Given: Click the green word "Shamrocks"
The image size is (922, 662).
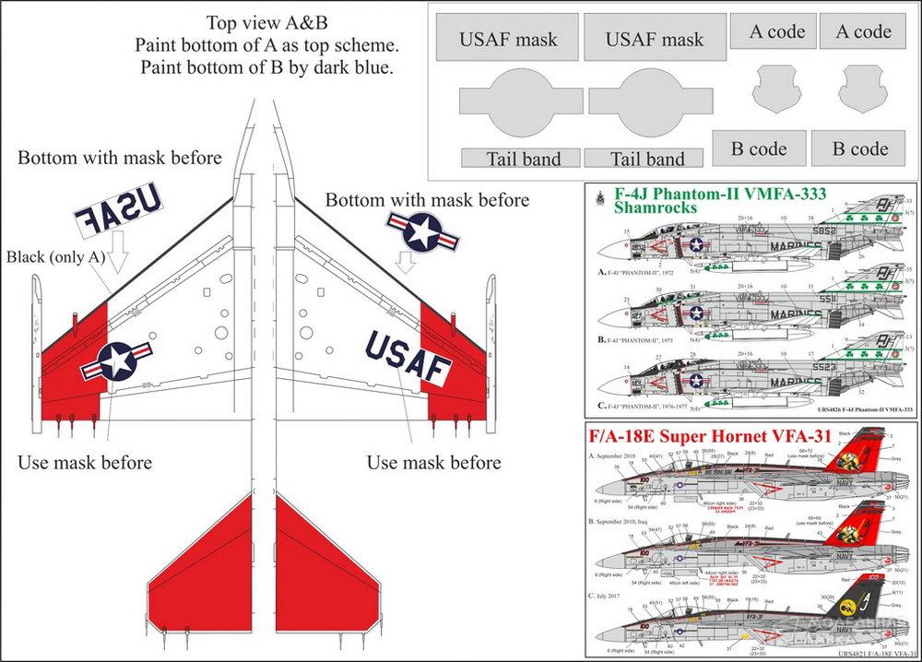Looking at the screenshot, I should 664,208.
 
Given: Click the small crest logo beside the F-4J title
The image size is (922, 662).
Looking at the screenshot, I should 602,195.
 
